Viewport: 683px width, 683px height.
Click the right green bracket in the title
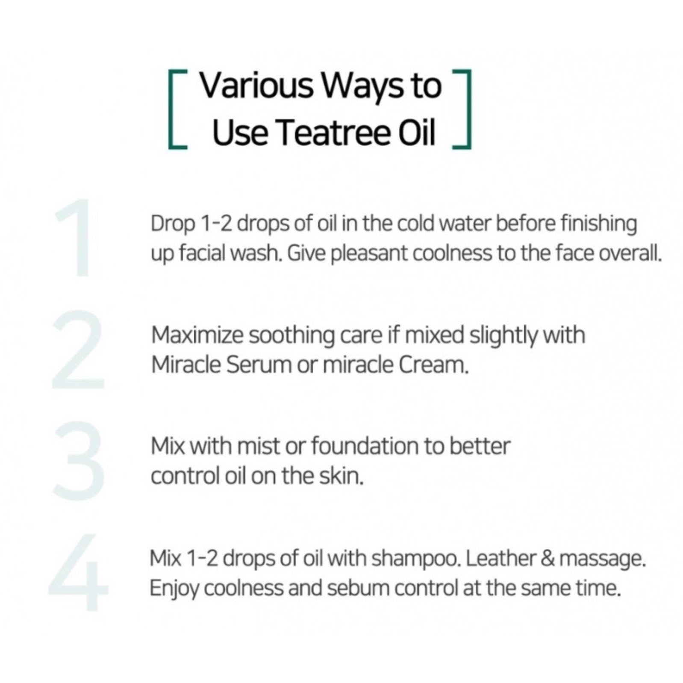coord(469,109)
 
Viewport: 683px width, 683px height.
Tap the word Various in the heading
coord(256,86)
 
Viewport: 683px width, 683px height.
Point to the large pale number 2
coord(78,349)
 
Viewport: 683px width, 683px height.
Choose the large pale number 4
coord(78,572)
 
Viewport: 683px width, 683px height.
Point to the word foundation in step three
coord(365,447)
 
